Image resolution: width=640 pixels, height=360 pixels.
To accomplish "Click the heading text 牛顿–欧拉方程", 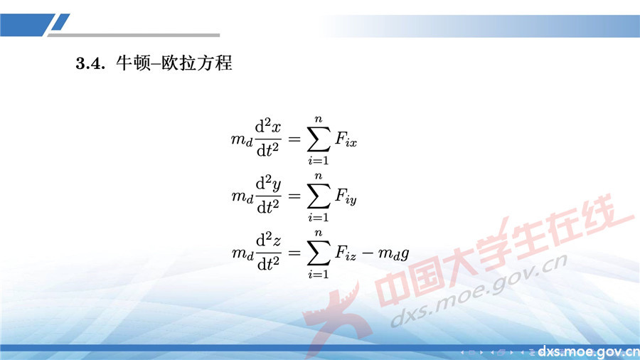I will pos(174,63).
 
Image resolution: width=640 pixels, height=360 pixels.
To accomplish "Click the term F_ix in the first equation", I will pos(346,140).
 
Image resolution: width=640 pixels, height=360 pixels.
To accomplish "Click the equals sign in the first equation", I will pos(294,139).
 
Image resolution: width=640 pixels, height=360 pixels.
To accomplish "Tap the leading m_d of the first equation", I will pos(242,140).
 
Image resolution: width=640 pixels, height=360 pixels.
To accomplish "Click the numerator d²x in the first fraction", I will pos(268,128).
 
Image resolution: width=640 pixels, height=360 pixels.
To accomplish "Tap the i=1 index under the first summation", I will pos(318,161).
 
